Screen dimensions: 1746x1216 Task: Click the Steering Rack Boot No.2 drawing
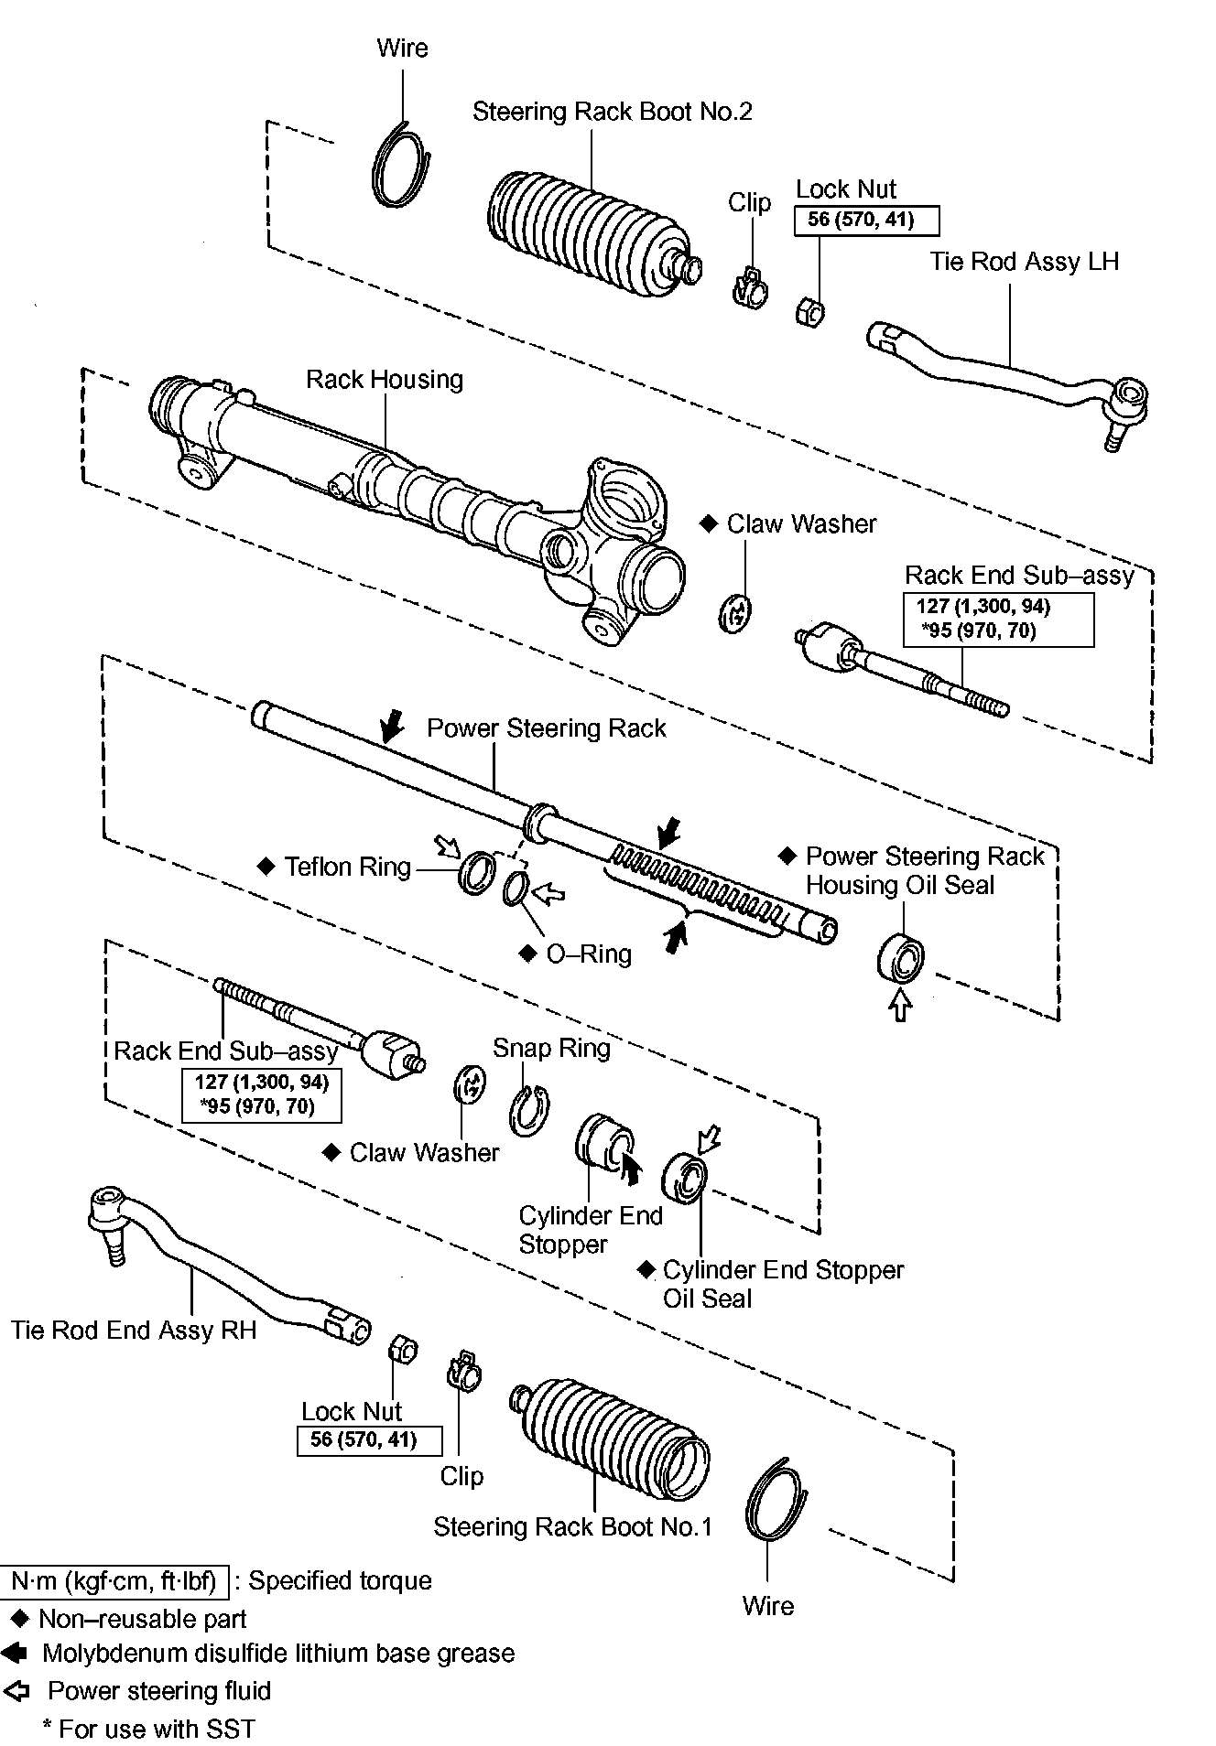coord(586,234)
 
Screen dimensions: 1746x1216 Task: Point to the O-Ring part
coord(516,888)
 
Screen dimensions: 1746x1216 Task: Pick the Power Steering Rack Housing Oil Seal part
coord(901,958)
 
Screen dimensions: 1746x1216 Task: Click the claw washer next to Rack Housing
coord(735,613)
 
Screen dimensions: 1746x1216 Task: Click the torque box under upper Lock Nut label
coord(865,221)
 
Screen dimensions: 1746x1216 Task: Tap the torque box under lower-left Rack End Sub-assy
coord(261,1094)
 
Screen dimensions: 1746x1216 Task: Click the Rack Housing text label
coord(385,380)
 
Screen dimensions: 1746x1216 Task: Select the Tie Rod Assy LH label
coord(1024,262)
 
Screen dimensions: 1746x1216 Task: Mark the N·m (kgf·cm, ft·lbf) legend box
coord(114,1581)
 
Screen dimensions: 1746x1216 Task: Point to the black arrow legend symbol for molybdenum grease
coord(14,1654)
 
